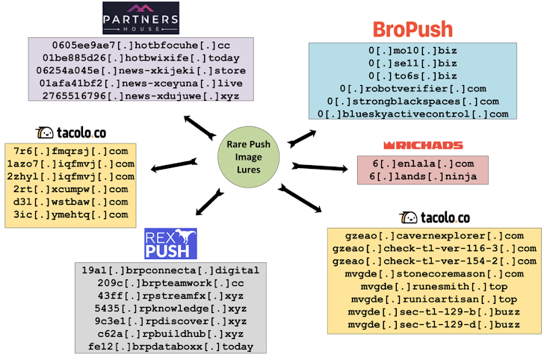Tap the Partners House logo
coord(140,18)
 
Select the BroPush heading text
coord(412,29)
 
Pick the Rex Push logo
coord(170,243)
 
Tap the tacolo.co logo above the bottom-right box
coord(435,218)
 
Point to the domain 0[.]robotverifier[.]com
coord(412,88)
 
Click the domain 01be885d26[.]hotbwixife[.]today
coord(140,58)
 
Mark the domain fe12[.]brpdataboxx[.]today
coord(170,347)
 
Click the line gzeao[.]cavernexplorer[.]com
coord(434,235)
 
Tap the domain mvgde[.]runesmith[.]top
coord(434,286)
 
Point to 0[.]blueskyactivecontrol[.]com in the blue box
coord(412,114)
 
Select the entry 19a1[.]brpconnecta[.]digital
coord(170,270)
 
